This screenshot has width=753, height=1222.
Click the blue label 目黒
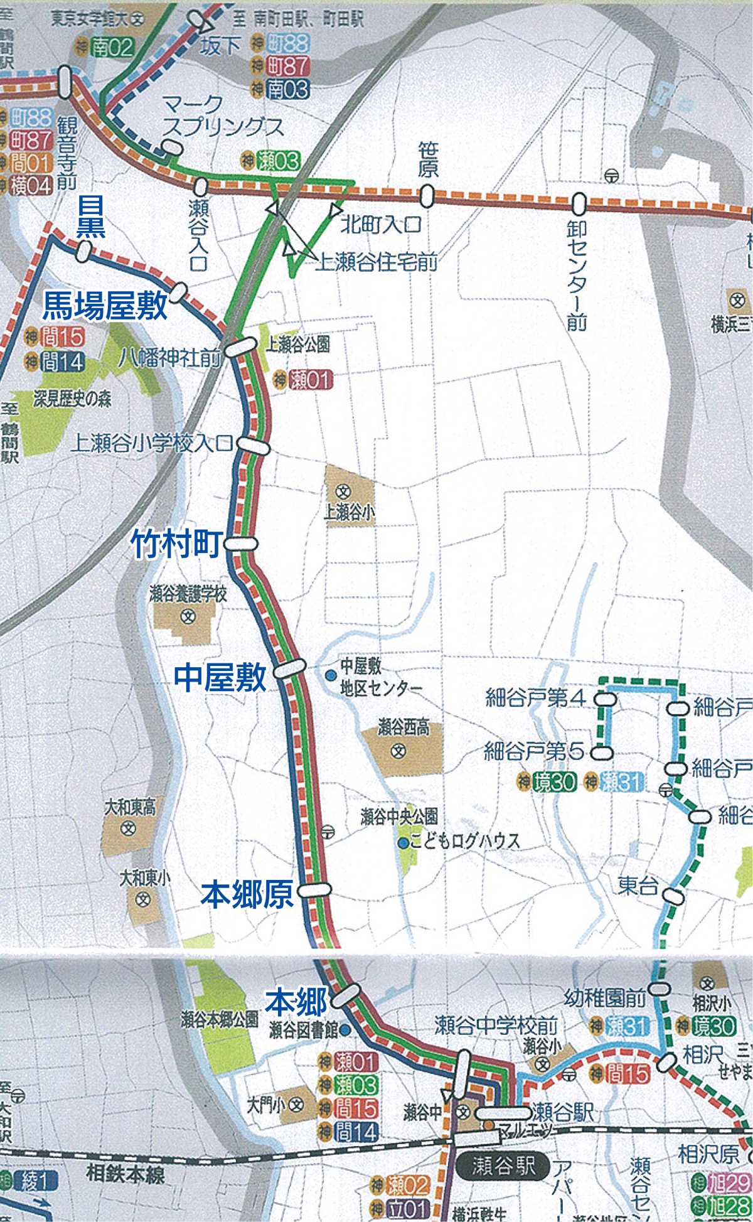click(x=91, y=217)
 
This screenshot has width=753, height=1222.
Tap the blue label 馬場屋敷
click(x=105, y=307)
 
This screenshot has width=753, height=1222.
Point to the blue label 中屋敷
click(x=220, y=677)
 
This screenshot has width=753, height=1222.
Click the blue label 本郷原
click(x=247, y=895)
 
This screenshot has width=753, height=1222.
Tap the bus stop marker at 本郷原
click(x=314, y=889)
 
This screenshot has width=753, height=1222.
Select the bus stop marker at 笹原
click(x=427, y=196)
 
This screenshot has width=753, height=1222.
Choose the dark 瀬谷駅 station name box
click(x=506, y=1166)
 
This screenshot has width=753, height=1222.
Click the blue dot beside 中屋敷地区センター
click(x=330, y=675)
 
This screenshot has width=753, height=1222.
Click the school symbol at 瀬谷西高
click(x=399, y=751)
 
